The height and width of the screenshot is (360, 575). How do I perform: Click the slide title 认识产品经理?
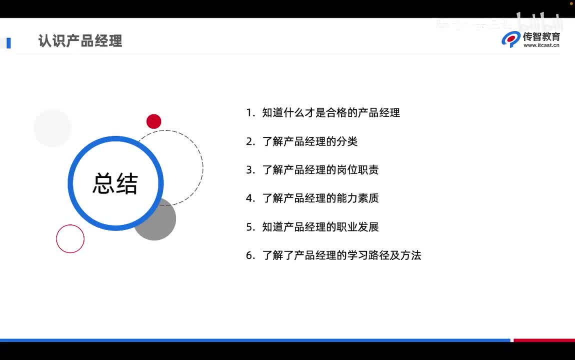click(x=80, y=40)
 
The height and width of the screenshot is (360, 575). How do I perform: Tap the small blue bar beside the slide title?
click(x=8, y=43)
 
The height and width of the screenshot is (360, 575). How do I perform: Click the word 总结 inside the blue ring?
click(x=115, y=183)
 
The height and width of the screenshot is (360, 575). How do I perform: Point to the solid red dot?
click(x=153, y=121)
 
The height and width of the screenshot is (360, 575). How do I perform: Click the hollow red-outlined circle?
click(x=70, y=238)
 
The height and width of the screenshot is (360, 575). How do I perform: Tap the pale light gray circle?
click(x=52, y=128)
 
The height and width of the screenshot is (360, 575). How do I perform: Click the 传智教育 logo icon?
click(x=511, y=39)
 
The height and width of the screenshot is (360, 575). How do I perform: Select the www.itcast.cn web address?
click(x=541, y=45)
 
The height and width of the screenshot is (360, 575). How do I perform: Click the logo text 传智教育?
click(x=541, y=36)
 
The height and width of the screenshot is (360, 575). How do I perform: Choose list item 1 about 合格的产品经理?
click(x=330, y=113)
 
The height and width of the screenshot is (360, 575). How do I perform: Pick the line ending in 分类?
click(x=309, y=141)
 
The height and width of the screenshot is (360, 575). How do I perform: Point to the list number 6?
click(x=250, y=255)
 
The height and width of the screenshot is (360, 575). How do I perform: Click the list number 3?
click(x=250, y=170)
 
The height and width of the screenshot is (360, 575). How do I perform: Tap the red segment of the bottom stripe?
click(x=544, y=340)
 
